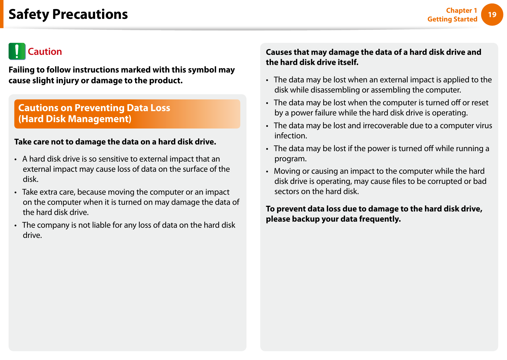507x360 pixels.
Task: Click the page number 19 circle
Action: [x=492, y=15]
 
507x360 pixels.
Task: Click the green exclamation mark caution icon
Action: [x=17, y=51]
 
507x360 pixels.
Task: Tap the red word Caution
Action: [x=45, y=52]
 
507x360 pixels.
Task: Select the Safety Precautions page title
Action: [x=68, y=14]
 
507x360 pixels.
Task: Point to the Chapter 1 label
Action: [x=461, y=10]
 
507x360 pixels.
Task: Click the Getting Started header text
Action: [x=452, y=19]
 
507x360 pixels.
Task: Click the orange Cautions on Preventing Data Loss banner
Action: [x=127, y=114]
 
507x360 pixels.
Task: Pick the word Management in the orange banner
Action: [x=99, y=119]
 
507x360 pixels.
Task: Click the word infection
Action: [x=290, y=136]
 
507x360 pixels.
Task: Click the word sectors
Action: [x=287, y=191]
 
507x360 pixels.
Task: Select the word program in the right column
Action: [x=290, y=159]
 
